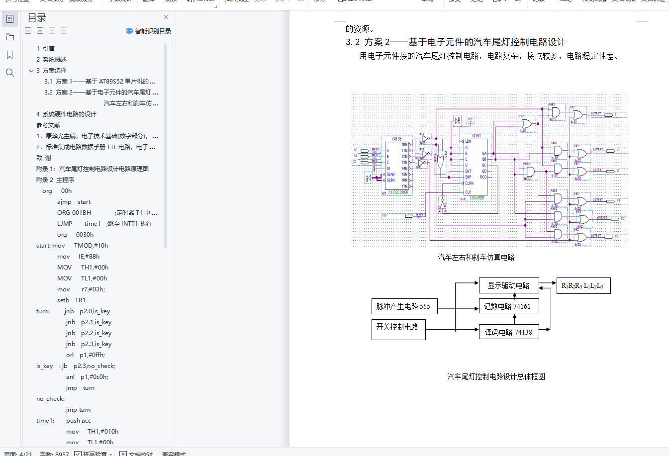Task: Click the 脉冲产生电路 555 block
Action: point(404,306)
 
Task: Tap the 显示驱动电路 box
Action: point(508,285)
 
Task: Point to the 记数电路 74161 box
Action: point(508,306)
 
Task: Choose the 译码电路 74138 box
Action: point(508,332)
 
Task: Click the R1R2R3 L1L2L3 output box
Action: point(582,286)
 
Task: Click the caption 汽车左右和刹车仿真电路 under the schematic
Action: point(476,257)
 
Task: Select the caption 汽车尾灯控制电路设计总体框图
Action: point(496,376)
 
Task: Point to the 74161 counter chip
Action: point(475,167)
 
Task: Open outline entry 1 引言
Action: point(45,49)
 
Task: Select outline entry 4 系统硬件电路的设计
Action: point(66,114)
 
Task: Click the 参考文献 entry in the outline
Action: point(48,125)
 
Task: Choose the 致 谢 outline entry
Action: point(44,158)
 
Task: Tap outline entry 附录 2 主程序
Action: point(55,180)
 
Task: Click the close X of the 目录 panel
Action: point(166,17)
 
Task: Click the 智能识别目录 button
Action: point(149,31)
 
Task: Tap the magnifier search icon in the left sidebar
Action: point(9,73)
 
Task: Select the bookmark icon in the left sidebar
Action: point(9,55)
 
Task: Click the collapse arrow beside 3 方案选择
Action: point(31,71)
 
